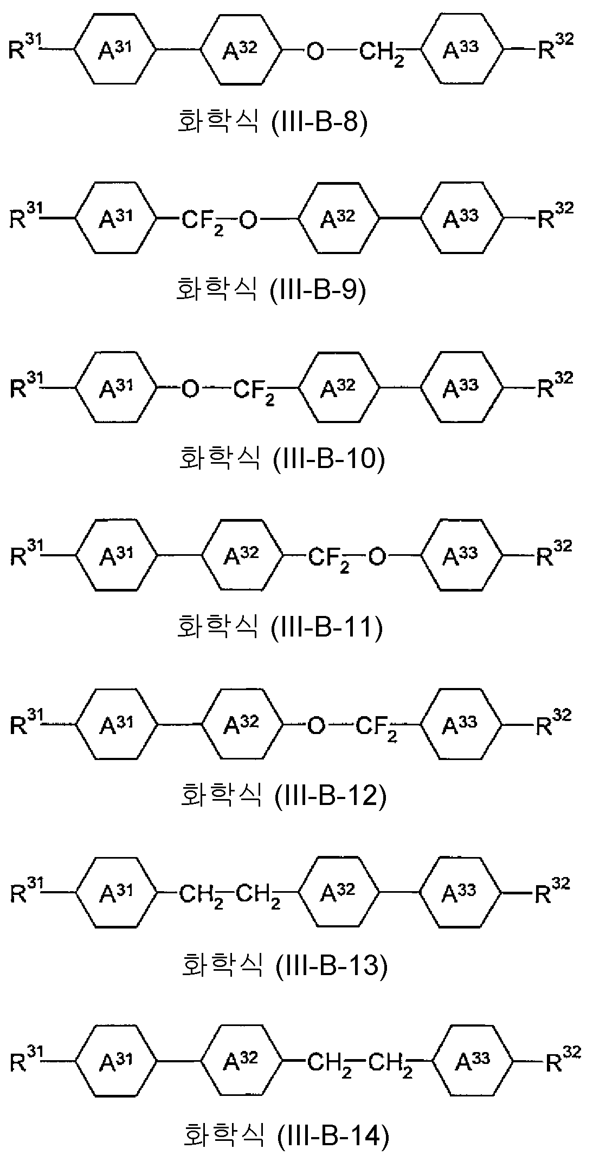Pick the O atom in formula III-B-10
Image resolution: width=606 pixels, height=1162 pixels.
190,388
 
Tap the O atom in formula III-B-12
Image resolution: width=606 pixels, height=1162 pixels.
316,726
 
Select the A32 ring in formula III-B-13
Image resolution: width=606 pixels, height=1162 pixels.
338,892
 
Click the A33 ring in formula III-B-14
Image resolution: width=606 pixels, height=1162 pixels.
473,1059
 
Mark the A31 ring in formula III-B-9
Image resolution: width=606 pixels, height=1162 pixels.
115,218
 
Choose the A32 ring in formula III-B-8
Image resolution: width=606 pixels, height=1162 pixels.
241,50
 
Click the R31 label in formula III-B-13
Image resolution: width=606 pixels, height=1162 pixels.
25,890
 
